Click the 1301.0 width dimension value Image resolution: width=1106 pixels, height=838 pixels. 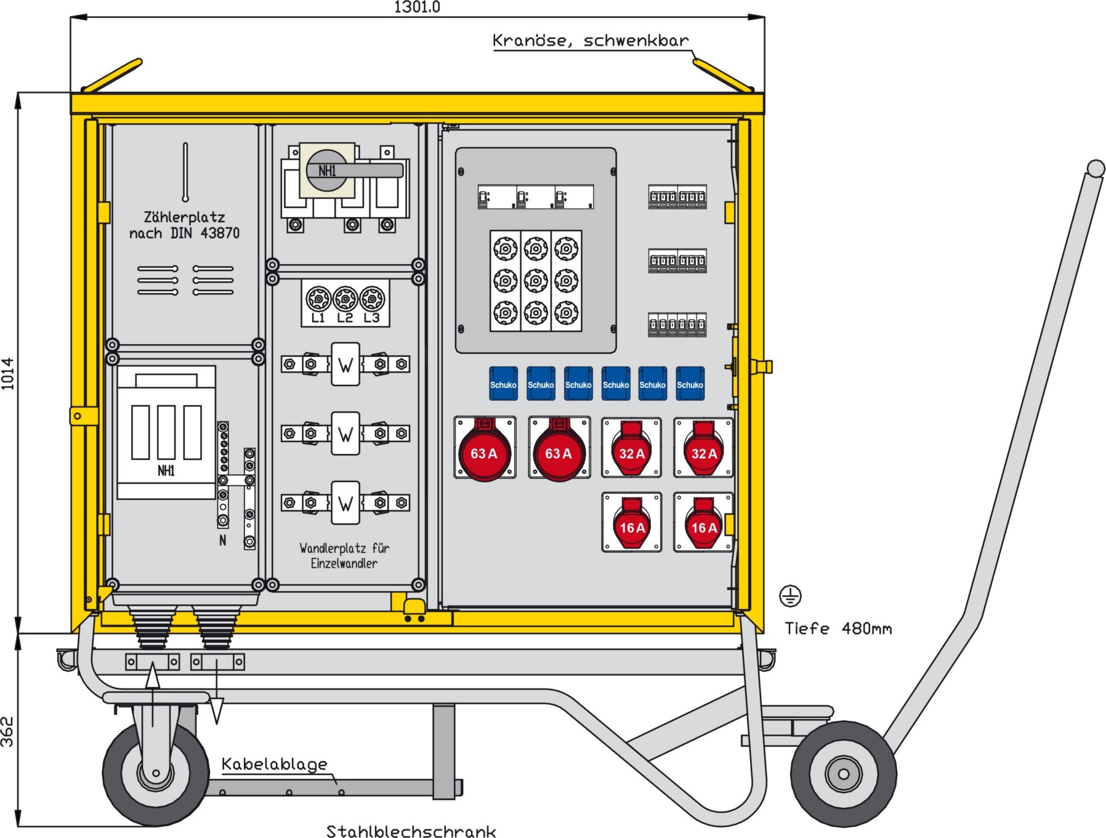click(417, 7)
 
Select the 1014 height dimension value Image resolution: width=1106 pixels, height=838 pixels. click(8, 373)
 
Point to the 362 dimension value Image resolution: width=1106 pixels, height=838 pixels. click(7, 731)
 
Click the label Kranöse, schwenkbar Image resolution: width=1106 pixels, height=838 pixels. click(590, 41)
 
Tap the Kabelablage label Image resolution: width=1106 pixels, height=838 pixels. click(274, 765)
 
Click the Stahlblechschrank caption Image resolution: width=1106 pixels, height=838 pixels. click(411, 831)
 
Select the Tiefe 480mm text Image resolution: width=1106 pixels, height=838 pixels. click(838, 629)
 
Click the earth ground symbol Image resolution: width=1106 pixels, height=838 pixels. click(790, 596)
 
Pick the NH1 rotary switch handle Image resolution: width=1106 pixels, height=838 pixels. click(354, 171)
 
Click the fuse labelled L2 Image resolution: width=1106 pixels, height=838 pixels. click(345, 299)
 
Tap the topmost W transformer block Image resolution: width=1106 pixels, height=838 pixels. click(345, 365)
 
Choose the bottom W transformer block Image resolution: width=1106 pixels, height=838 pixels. click(345, 503)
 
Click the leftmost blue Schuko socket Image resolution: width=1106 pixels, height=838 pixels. click(503, 384)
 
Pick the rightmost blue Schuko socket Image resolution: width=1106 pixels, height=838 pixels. click(690, 384)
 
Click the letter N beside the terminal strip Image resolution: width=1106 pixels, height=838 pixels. click(222, 541)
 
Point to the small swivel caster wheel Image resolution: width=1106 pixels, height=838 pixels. click(155, 773)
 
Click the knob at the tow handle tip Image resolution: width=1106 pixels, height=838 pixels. click(1096, 168)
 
